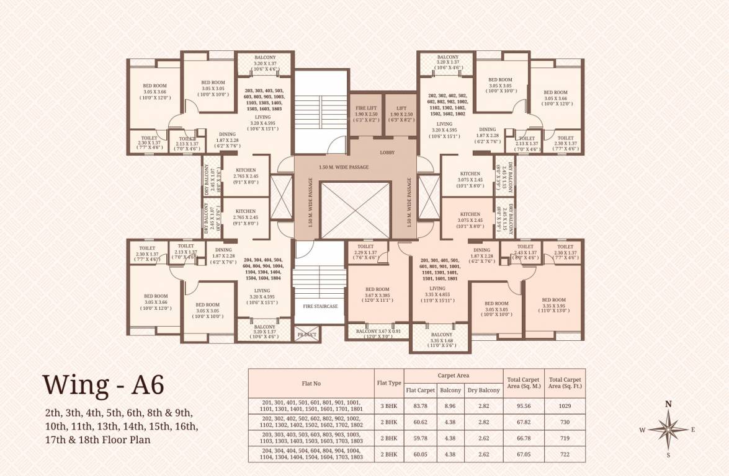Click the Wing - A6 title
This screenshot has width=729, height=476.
tap(104, 384)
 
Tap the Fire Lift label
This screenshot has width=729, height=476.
tap(366, 108)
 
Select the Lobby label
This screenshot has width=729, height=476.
tap(387, 152)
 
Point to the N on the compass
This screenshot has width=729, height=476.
tap(668, 403)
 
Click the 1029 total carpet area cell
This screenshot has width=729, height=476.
tap(564, 406)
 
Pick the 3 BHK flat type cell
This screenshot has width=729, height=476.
tap(389, 406)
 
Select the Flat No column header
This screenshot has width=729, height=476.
tap(311, 383)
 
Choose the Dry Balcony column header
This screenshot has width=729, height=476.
tap(483, 390)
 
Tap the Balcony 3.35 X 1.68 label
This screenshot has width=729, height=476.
tap(442, 339)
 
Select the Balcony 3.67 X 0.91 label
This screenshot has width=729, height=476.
tap(378, 332)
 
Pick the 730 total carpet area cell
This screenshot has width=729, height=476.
tap(564, 422)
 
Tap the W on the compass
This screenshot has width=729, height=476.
tap(643, 430)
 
